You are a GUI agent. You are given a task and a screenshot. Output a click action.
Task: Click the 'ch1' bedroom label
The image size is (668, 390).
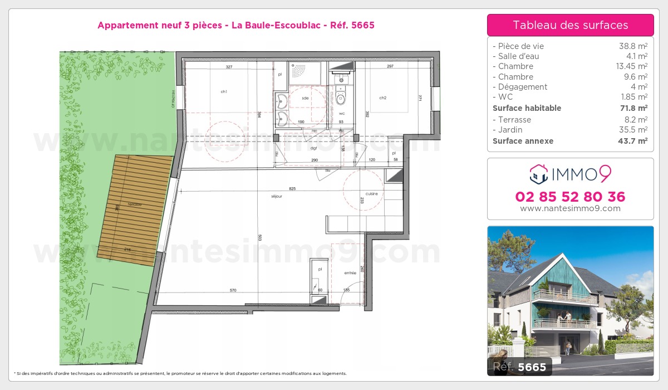coord(224,92)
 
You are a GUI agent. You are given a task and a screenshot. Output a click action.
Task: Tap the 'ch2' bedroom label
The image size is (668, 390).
coord(383,98)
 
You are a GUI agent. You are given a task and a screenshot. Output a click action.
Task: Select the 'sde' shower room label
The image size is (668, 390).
coord(305,98)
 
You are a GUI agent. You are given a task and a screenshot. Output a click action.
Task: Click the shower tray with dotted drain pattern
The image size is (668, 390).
coord(306,72)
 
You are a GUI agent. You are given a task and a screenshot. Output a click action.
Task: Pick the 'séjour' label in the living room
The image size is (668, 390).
coord(277,196)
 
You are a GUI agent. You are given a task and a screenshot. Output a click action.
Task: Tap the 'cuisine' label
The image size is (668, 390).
coord(372,194)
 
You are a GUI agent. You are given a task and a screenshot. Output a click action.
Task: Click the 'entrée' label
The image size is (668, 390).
coord(350,273)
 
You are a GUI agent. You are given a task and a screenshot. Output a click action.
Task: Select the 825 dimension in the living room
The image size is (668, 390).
coord(292,189)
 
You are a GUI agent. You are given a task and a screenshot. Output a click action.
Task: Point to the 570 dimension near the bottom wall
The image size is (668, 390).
coord(234,290)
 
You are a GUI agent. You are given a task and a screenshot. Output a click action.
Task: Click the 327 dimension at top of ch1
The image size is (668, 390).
coord(228,66)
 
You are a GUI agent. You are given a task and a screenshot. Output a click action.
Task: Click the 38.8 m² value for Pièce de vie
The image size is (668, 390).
coord(634,46)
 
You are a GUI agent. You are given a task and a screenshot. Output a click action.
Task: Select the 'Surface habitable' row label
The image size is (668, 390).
coord(527,108)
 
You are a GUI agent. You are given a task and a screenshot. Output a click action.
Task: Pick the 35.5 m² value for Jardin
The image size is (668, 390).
coord(634,130)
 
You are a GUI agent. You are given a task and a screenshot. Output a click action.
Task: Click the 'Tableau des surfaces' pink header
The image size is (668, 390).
coord(570,25)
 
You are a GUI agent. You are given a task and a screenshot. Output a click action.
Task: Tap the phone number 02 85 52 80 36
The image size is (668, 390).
coord(570,197)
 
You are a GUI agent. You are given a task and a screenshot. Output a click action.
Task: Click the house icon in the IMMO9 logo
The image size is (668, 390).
coord(539,174)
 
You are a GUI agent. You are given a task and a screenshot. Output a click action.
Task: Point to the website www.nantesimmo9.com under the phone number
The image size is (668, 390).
coord(570,208)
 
